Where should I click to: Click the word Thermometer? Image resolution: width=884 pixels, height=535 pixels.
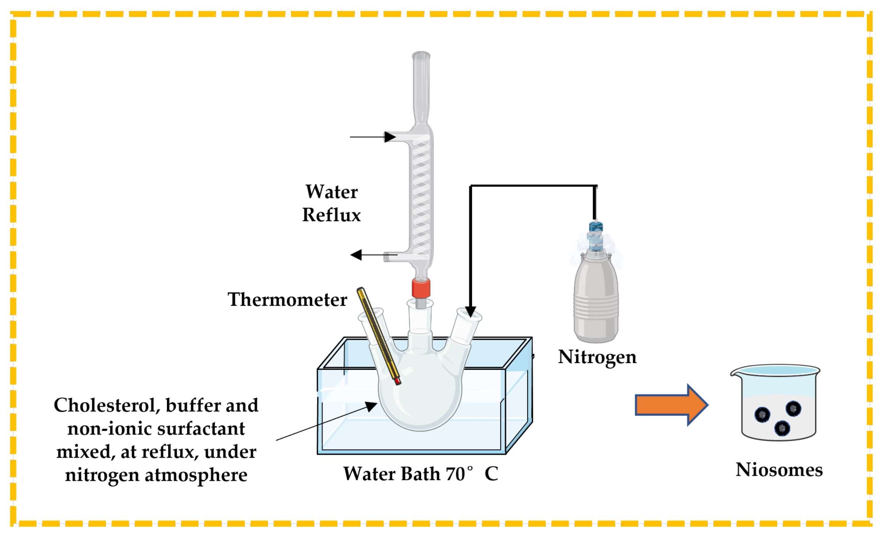pos(287,299)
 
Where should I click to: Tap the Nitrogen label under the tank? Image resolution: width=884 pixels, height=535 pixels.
pos(597,357)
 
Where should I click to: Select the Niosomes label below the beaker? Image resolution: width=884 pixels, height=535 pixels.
pos(779,470)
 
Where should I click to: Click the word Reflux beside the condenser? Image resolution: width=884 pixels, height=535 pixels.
pos(331,215)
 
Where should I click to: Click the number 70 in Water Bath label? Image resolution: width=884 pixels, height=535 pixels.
pos(455,474)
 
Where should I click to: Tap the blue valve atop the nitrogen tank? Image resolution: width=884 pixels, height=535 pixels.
pos(596,227)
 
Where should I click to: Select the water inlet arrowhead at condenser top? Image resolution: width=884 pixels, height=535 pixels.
pos(390,137)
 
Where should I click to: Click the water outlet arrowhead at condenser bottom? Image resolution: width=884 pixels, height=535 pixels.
pos(356,255)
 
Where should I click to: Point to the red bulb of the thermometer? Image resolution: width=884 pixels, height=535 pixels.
pos(397,381)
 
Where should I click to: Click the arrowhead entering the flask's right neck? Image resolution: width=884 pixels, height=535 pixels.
pos(471,312)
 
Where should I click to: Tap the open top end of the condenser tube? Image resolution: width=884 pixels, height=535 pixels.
pos(421,56)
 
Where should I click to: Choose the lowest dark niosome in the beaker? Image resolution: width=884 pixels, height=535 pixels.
pos(782,428)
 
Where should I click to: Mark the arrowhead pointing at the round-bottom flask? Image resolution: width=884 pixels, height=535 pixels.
pos(371,406)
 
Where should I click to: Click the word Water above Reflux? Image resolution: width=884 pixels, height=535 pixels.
pos(331,192)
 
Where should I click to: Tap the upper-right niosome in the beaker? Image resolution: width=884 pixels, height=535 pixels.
pos(793,409)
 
